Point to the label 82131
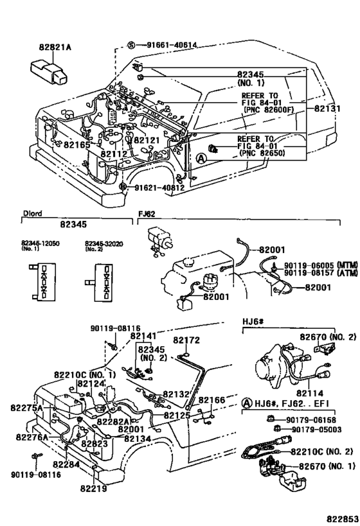pyautogui.click(x=327, y=109)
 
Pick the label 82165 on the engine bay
pyautogui.click(x=76, y=145)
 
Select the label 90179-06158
pyautogui.click(x=314, y=419)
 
